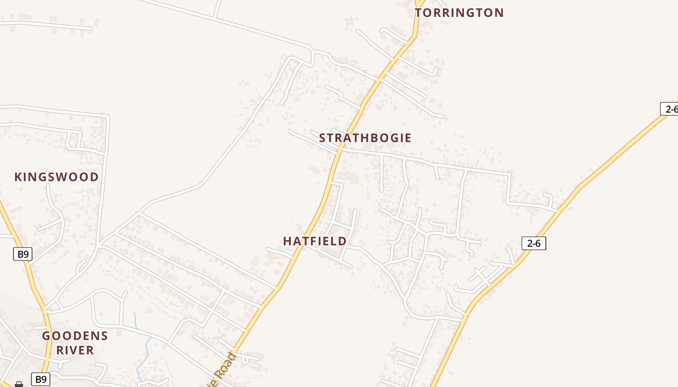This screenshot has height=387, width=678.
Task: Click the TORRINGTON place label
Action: (459, 13)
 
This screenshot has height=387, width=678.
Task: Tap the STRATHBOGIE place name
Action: (365, 138)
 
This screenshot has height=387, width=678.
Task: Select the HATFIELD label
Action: (315, 241)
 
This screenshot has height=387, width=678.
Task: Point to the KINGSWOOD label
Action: (57, 177)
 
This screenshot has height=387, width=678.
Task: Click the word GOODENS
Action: (75, 336)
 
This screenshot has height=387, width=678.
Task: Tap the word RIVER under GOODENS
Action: (75, 350)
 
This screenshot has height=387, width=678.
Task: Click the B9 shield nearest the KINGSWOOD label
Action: (22, 254)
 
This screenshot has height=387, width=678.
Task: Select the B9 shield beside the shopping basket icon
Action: (41, 379)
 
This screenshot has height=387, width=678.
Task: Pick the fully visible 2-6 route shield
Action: (534, 243)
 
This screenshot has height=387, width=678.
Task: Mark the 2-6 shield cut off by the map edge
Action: (670, 109)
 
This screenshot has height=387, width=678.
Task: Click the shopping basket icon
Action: (19, 384)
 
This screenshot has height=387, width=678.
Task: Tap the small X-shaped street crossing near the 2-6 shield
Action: (480, 275)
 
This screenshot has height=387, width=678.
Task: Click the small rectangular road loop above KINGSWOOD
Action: (74, 140)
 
